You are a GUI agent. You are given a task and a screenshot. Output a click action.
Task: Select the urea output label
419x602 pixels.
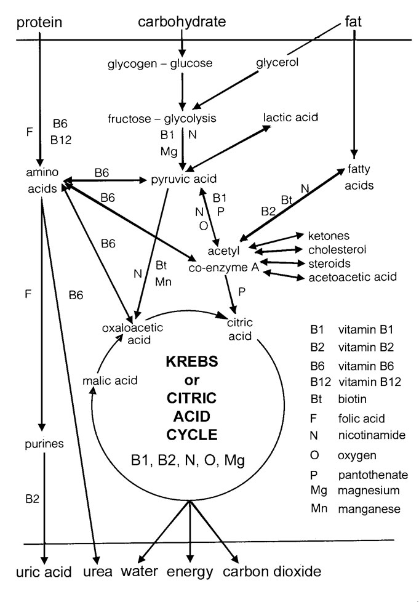(x=98, y=572)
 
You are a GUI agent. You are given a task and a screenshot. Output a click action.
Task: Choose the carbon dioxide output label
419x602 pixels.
(x=271, y=572)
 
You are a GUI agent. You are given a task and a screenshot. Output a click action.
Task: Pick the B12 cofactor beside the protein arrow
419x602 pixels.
(x=62, y=140)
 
